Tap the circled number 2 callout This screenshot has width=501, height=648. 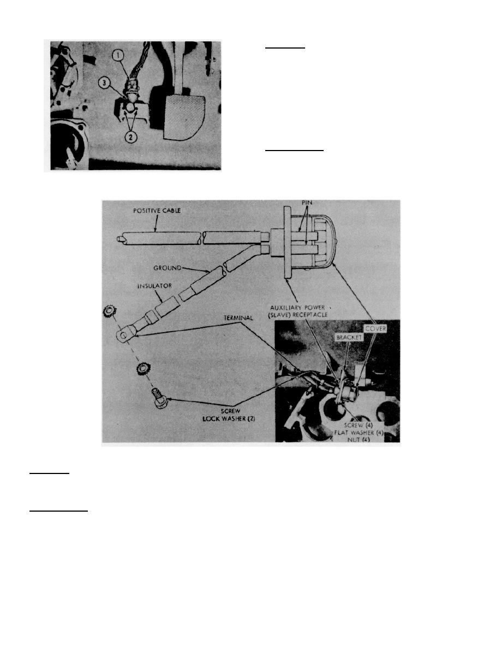pyautogui.click(x=130, y=137)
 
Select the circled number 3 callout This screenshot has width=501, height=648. pyautogui.click(x=105, y=83)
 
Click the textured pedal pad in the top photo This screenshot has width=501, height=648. pyautogui.click(x=185, y=116)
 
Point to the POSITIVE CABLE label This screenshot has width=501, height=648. pyautogui.click(x=157, y=211)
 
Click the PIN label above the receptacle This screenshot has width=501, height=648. pyautogui.click(x=307, y=203)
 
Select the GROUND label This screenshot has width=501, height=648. pyautogui.click(x=168, y=268)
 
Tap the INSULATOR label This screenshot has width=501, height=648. pyautogui.click(x=154, y=286)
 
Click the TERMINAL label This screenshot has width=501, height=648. pyautogui.click(x=238, y=318)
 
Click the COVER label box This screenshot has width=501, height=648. pyautogui.click(x=375, y=328)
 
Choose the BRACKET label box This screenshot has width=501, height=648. pyautogui.click(x=349, y=338)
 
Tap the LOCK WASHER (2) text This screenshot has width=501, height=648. pyautogui.click(x=229, y=418)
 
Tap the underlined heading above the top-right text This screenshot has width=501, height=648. pyautogui.click(x=285, y=48)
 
